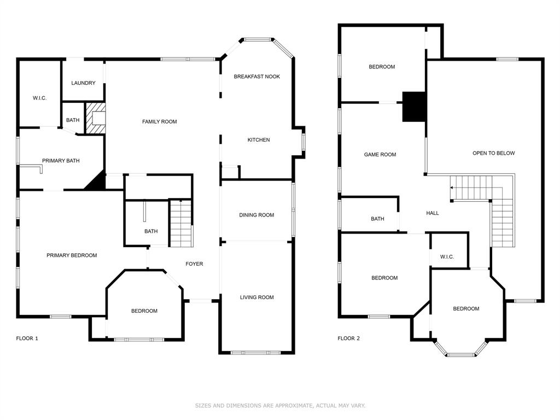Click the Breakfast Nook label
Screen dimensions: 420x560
[x=256, y=77]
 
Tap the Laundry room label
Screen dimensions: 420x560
[x=83, y=83]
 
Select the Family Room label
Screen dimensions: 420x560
[x=159, y=121]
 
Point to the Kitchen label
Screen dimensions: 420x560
[x=259, y=140]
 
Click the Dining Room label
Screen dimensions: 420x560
[x=256, y=215]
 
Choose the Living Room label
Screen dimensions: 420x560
[x=256, y=297]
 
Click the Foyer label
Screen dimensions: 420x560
[x=194, y=264]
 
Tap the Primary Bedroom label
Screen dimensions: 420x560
[x=72, y=255]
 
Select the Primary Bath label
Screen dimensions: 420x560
[x=61, y=161]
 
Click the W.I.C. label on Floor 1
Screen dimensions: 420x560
[x=39, y=98]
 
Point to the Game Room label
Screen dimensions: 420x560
[x=380, y=155]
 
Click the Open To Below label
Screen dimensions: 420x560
[x=493, y=153]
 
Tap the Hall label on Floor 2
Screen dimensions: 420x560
[x=432, y=213]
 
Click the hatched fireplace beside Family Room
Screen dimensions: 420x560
[x=95, y=118]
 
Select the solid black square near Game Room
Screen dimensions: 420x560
[x=414, y=107]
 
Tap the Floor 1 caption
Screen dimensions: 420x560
[x=27, y=339]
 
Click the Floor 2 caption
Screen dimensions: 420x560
[x=348, y=339]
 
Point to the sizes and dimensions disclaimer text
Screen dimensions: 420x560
[x=280, y=406]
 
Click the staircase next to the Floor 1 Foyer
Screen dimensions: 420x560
[x=181, y=224]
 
